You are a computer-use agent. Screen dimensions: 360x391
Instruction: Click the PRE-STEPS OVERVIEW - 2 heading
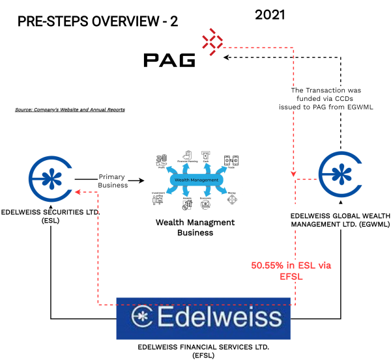point(97,21)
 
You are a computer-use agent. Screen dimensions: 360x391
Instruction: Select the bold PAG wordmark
point(169,61)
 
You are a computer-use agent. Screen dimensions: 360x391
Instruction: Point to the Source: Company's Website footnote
point(70,109)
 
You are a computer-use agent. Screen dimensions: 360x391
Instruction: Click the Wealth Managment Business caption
point(195,227)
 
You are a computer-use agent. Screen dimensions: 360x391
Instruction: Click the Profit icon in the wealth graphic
point(161,161)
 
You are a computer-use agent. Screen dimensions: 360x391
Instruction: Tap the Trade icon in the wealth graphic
point(230,161)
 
